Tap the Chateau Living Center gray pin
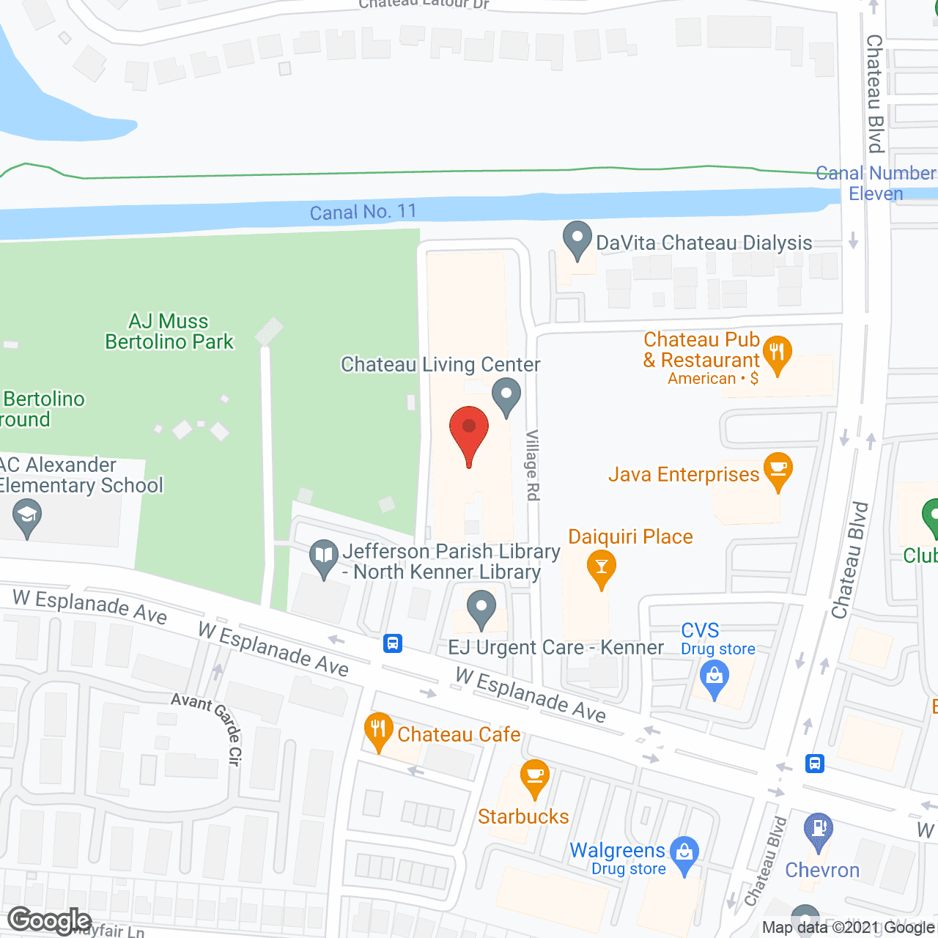pyautogui.click(x=506, y=396)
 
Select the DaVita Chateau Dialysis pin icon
pyautogui.click(x=577, y=240)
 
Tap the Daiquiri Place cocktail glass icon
pyautogui.click(x=601, y=569)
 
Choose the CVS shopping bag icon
pyautogui.click(x=714, y=678)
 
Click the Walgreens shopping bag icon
pyautogui.click(x=684, y=854)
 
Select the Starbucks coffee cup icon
pyautogui.click(x=535, y=778)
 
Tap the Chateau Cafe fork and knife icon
pyautogui.click(x=378, y=731)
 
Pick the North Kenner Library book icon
pyautogui.click(x=323, y=558)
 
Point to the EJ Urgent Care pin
pyautogui.click(x=481, y=609)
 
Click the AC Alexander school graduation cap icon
pyautogui.click(x=27, y=517)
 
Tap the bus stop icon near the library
pyautogui.click(x=393, y=643)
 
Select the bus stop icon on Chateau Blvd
pyautogui.click(x=815, y=764)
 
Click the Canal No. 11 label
pyautogui.click(x=363, y=213)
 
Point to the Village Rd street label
pyautogui.click(x=533, y=465)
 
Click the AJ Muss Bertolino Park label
pyautogui.click(x=169, y=331)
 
